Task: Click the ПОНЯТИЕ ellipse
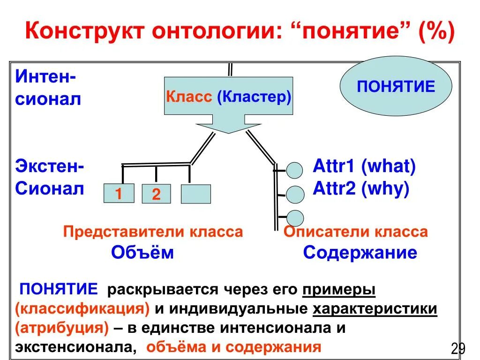396,87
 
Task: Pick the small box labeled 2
156,194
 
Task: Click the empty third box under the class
195,194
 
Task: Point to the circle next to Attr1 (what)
294,170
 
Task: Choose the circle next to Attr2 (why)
294,194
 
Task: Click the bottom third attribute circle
294,218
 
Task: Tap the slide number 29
457,348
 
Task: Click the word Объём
142,253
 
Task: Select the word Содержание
360,253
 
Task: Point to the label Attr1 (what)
364,166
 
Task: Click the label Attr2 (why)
361,189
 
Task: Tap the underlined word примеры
339,290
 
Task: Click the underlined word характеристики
375,309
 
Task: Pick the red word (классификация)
82,309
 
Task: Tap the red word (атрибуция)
62,328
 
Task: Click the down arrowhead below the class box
228,126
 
